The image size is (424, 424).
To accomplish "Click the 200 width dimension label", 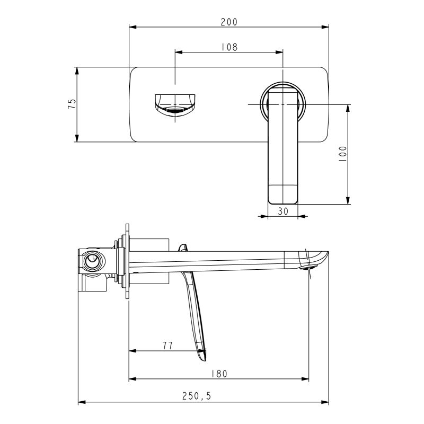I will click(229, 22).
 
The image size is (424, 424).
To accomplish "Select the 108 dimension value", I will click(229, 47).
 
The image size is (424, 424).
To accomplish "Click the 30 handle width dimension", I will click(282, 210).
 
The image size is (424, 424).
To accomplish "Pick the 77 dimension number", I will click(167, 345).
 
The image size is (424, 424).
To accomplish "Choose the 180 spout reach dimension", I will click(219, 373).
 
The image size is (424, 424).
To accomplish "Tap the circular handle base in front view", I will click(283, 101).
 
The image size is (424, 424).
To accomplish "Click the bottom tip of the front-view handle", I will click(283, 200).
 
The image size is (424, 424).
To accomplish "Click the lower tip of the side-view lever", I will click(204, 358).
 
